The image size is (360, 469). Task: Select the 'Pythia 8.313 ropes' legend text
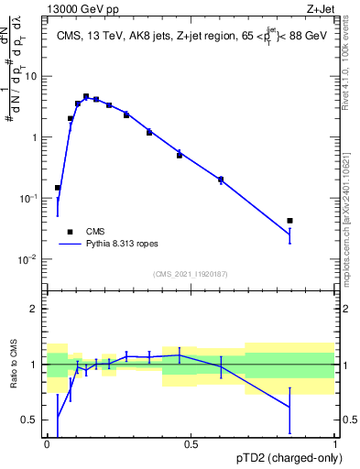click(x=124, y=245)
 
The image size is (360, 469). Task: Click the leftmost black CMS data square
click(x=58, y=188)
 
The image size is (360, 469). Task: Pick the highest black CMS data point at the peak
click(x=86, y=96)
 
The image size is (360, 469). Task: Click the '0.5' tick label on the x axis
click(x=191, y=443)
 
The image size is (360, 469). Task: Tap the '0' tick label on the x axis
click(x=47, y=443)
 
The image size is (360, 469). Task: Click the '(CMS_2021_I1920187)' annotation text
click(x=190, y=273)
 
